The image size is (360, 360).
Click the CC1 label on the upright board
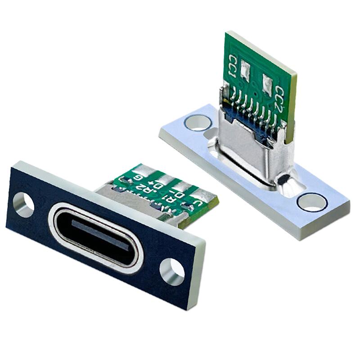pyautogui.click(x=234, y=65)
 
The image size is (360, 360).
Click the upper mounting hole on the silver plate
pyautogui.click(x=197, y=122)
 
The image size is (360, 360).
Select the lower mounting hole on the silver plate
pyautogui.click(x=312, y=202)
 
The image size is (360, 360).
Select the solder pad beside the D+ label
pyautogui.click(x=166, y=177)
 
